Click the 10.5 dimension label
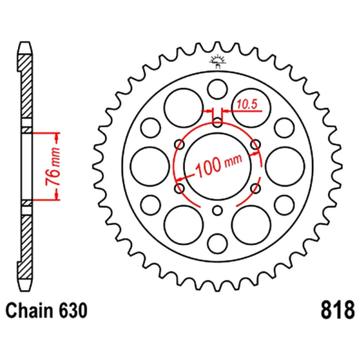tap(247, 104)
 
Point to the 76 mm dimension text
tap(53, 166)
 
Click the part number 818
tap(338, 310)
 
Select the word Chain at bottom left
tap(29, 310)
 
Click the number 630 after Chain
tap(73, 310)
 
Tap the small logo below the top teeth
tap(217, 61)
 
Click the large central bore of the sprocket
tap(218, 166)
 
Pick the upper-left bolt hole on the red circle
tap(180, 145)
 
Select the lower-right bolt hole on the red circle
tap(256, 189)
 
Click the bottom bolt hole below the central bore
tap(217, 210)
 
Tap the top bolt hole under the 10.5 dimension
tap(217, 122)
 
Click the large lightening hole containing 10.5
tap(251, 108)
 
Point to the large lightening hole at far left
tap(150, 166)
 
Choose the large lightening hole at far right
tap(285, 166)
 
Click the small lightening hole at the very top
tap(217, 89)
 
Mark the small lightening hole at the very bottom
tap(217, 244)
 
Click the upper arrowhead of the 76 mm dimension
tap(57, 137)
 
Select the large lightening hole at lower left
tap(184, 225)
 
